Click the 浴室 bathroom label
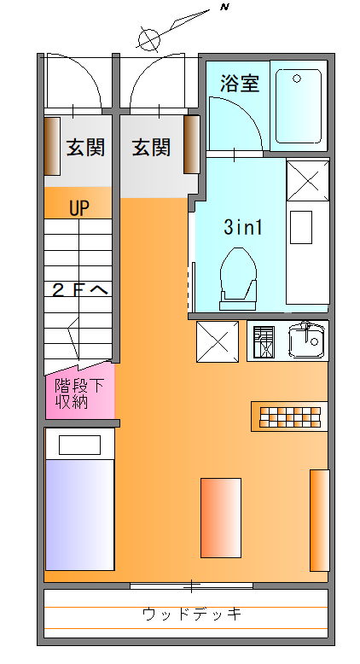[240, 84]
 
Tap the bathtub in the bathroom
[299, 107]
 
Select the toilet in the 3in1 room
[239, 278]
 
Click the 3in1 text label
[243, 227]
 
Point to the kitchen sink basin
[307, 341]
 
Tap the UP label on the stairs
[79, 208]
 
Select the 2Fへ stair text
[80, 290]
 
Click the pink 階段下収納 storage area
[80, 393]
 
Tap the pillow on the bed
[79, 445]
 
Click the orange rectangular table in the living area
[221, 517]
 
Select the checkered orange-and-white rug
[290, 417]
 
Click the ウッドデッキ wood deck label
[192, 614]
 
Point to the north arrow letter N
[224, 7]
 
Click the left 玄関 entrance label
[85, 148]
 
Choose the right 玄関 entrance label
[152, 148]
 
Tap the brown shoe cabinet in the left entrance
[52, 146]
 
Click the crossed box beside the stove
[218, 341]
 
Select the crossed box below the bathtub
[308, 180]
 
